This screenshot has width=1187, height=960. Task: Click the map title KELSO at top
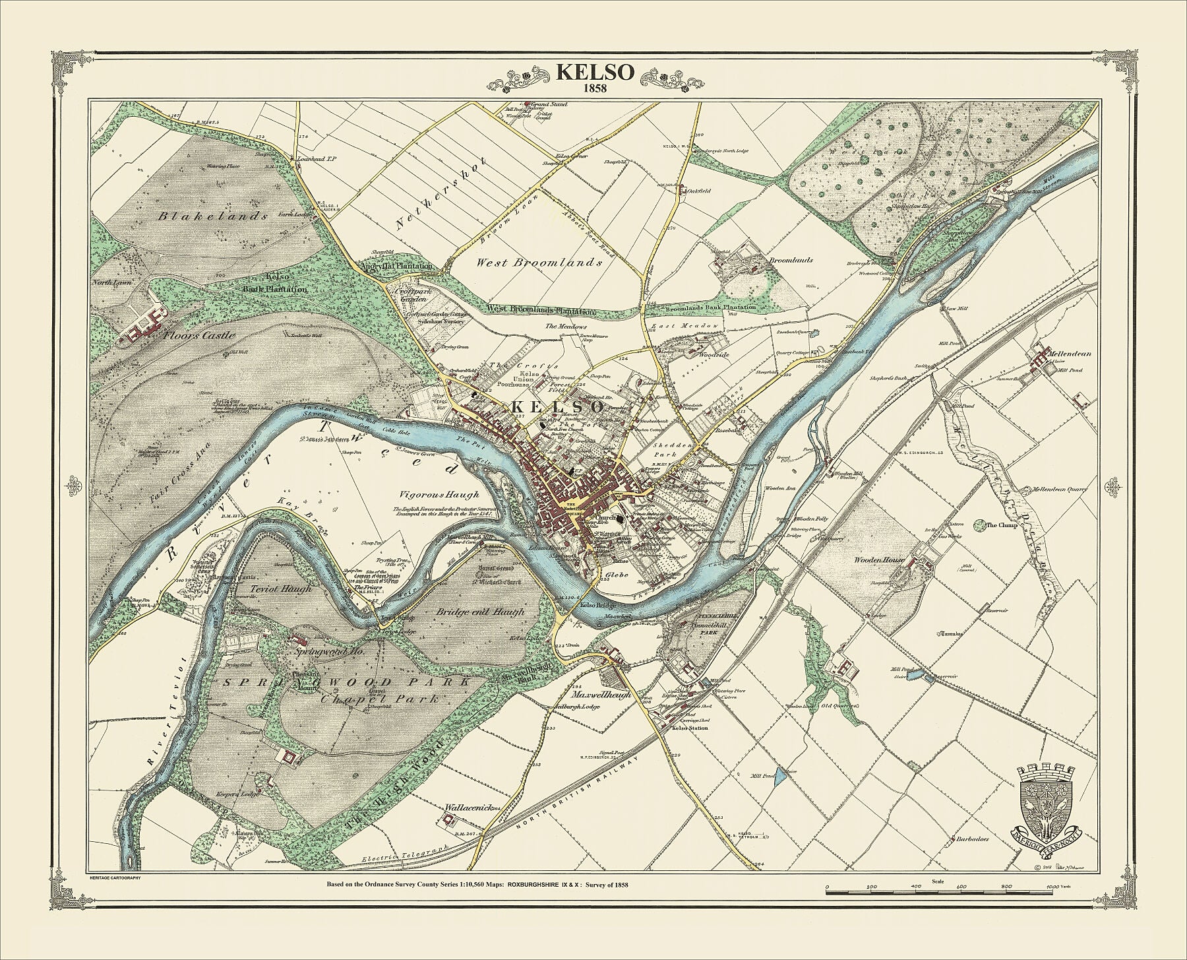coord(595,73)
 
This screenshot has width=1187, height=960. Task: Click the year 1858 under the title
coord(595,88)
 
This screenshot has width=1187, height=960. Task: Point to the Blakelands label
coord(213,216)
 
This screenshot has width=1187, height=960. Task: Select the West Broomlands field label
coord(539,263)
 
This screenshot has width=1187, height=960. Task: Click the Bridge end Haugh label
coord(479,612)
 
